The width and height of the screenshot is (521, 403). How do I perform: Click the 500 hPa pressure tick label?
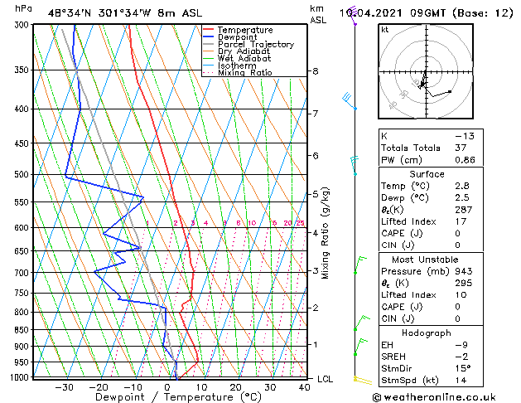(x=22, y=175)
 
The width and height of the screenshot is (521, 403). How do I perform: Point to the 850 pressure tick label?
(x=22, y=330)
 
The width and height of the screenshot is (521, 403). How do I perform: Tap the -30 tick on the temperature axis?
(x=64, y=386)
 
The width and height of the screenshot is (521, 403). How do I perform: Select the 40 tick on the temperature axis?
(x=305, y=386)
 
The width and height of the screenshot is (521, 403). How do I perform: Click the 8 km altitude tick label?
(x=316, y=72)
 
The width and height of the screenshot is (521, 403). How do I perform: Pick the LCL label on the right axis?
(x=326, y=379)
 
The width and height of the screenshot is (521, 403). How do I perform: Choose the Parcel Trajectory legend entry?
(x=256, y=45)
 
